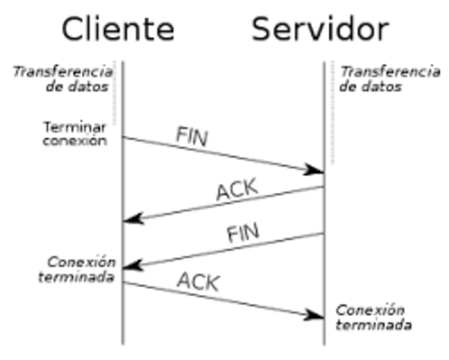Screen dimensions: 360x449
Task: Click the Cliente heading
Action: (118, 29)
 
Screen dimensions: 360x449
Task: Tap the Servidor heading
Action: (320, 29)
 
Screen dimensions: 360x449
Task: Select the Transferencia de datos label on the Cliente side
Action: (63, 79)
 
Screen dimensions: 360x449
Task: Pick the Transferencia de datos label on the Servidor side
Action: (390, 79)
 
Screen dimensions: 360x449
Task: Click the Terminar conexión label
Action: (75, 133)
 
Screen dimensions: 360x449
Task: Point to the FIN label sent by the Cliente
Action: (192, 136)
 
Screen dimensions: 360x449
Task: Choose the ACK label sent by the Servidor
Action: (236, 189)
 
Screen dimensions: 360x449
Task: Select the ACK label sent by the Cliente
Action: (198, 282)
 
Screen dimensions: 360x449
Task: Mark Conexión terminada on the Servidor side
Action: (373, 317)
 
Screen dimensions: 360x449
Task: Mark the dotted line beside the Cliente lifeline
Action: (114, 94)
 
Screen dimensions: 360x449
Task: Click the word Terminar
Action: (74, 126)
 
